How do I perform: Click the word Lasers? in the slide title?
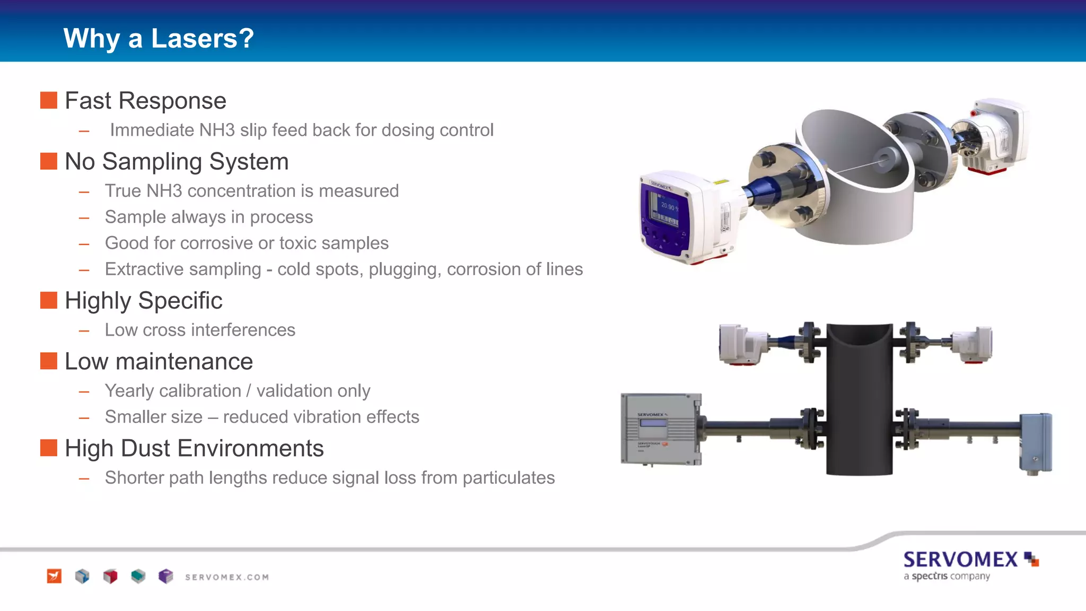(202, 39)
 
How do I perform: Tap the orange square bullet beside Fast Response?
(49, 100)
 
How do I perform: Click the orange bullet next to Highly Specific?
(49, 300)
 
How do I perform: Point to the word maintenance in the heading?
(184, 362)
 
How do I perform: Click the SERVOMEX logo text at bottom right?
(960, 560)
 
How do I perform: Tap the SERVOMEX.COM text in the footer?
(227, 577)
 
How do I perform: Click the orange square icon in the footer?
(54, 576)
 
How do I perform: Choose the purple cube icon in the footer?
(166, 576)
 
